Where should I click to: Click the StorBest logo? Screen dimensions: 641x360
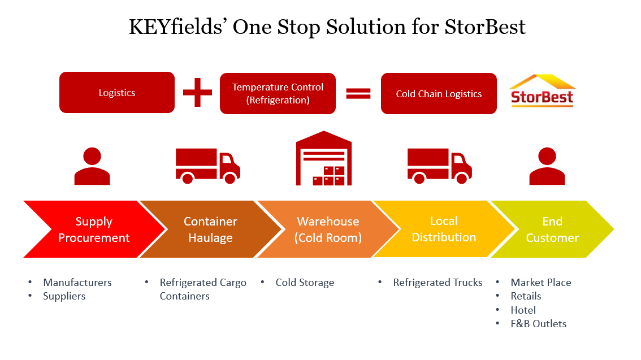(x=542, y=91)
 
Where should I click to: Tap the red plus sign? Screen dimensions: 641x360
(x=197, y=92)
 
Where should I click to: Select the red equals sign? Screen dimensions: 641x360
(x=358, y=94)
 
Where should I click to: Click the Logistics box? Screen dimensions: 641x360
(x=117, y=92)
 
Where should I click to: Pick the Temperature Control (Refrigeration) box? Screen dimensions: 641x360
(x=278, y=94)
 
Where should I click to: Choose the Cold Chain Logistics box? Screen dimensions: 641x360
(x=439, y=94)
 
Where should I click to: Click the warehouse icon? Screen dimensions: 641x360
(x=324, y=158)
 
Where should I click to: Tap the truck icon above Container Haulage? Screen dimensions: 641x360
(x=207, y=166)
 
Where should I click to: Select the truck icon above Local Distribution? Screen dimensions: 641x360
(x=439, y=166)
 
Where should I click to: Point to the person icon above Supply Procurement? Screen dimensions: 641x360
(x=92, y=166)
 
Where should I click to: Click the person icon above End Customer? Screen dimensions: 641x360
(x=547, y=166)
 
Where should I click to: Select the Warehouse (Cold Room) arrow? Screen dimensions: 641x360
(x=328, y=229)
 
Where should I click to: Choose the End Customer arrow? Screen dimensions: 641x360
(x=553, y=229)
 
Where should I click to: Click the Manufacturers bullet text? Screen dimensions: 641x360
(x=77, y=283)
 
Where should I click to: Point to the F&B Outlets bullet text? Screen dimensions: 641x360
(x=538, y=324)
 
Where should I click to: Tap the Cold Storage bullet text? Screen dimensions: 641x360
(x=305, y=283)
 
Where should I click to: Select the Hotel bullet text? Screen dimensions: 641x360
(x=523, y=310)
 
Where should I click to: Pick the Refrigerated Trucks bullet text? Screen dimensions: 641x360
(x=438, y=283)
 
